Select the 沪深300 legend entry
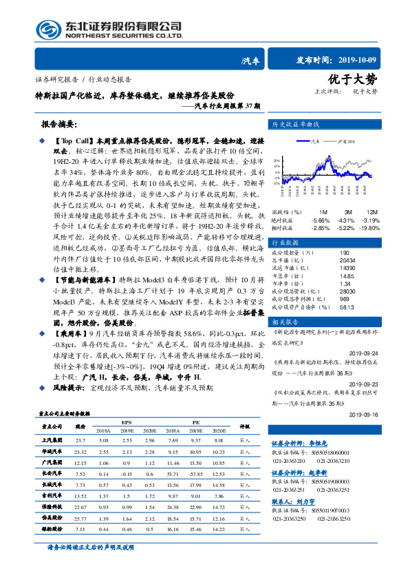(x=346, y=141)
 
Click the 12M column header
(x=372, y=211)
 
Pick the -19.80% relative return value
(x=369, y=228)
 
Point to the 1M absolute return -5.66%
(x=321, y=220)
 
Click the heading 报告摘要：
(x=62, y=125)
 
